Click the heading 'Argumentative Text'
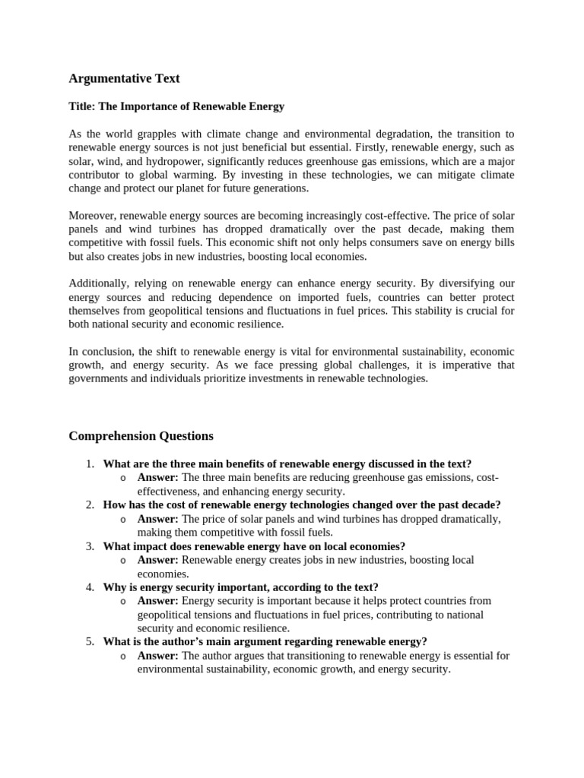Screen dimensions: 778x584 pos(124,78)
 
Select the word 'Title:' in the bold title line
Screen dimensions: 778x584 pos(83,106)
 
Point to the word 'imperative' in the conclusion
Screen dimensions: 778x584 pos(467,365)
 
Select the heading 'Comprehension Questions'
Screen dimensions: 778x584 pos(141,436)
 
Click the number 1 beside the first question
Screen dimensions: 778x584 pos(89,463)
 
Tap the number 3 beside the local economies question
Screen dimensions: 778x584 pos(89,546)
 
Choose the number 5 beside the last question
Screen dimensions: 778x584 pos(89,641)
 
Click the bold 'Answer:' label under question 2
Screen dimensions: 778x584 pos(157,518)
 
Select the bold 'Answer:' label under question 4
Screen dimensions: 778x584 pos(157,600)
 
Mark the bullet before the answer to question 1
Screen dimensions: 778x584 pos(122,478)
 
